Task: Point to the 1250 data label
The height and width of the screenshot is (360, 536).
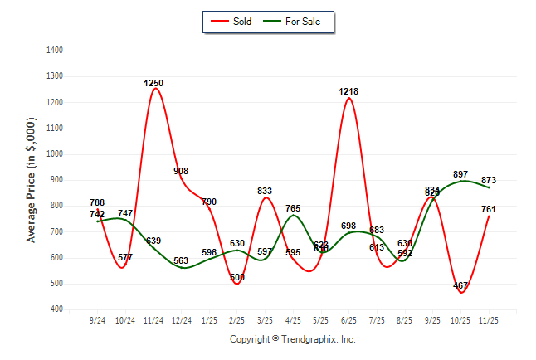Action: (153, 84)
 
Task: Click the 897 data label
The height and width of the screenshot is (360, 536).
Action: (461, 175)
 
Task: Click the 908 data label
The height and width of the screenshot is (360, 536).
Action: (181, 172)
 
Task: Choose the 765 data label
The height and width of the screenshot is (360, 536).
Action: (293, 209)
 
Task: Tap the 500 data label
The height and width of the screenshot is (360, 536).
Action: (237, 277)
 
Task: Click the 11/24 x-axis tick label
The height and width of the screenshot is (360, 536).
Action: (153, 320)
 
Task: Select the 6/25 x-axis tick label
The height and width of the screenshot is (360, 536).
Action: (348, 320)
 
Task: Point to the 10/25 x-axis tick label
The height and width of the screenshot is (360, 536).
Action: (460, 320)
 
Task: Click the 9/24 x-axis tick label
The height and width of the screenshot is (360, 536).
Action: (97, 320)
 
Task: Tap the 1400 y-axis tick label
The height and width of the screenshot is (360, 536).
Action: (56, 51)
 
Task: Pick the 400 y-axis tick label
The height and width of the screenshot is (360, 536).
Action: (57, 309)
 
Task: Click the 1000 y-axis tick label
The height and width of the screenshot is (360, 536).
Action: (56, 154)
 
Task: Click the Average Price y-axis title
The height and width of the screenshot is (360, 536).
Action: (32, 179)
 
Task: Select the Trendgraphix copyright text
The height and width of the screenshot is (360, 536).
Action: (292, 339)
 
